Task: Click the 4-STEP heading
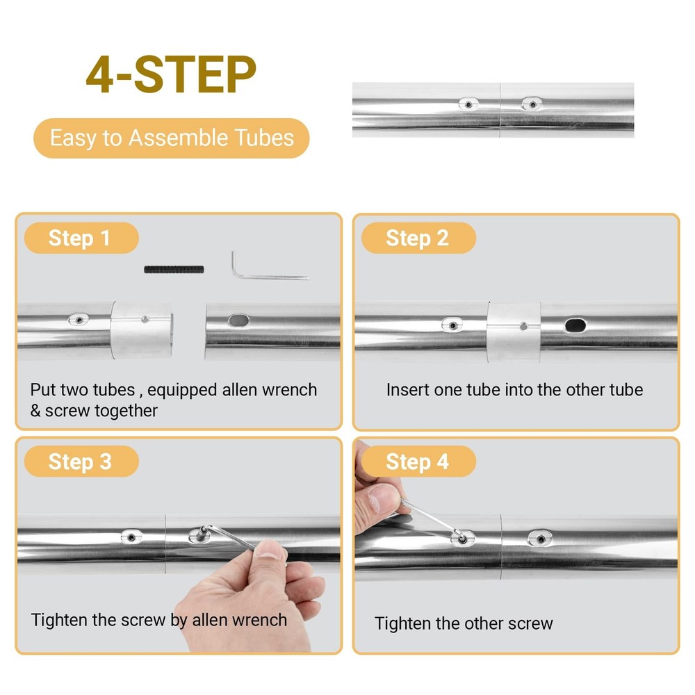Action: tap(171, 74)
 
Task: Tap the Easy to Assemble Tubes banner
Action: tap(172, 138)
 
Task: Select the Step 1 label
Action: tap(81, 238)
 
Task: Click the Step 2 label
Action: tap(419, 238)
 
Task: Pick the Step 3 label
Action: tap(81, 461)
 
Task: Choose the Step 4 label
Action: tap(419, 461)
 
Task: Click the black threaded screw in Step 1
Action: tap(174, 270)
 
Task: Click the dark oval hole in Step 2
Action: tap(575, 326)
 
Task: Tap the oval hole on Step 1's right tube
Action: tap(238, 320)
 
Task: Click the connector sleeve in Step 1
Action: tap(141, 330)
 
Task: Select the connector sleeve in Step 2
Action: tap(514, 333)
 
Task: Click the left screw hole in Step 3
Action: tap(131, 537)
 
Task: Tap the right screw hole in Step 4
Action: tap(540, 539)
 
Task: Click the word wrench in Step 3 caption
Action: tap(261, 620)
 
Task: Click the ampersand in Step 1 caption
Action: tap(35, 411)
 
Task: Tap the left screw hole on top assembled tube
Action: tap(468, 104)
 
